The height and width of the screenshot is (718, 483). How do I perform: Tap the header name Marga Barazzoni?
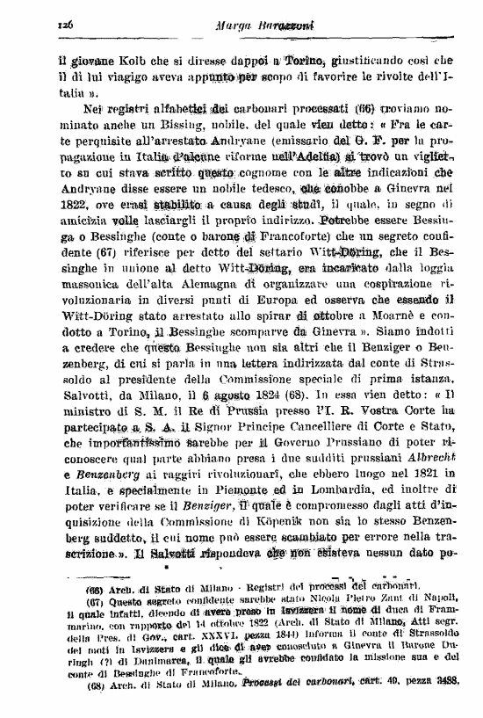pyautogui.click(x=238, y=28)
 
